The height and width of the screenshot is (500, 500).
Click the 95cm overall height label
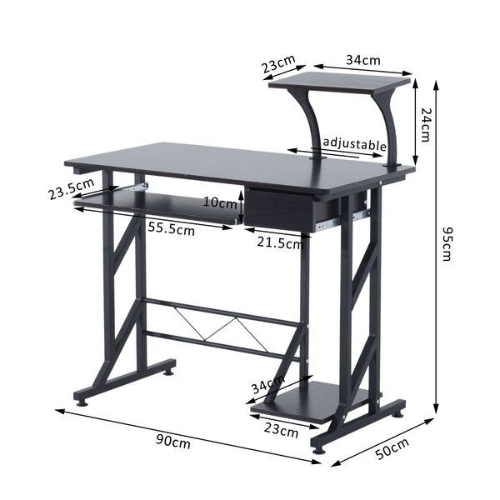click(x=447, y=244)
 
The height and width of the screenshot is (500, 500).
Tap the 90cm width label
click(x=173, y=441)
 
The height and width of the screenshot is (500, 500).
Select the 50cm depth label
click(x=392, y=448)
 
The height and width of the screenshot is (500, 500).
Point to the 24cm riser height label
click(x=426, y=124)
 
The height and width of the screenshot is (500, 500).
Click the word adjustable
click(x=355, y=144)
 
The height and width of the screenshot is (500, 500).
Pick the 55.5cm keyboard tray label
click(x=171, y=228)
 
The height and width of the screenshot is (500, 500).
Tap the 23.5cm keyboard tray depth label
click(x=72, y=188)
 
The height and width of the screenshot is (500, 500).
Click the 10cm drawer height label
click(x=220, y=202)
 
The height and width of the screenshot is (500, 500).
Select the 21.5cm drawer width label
click(x=281, y=243)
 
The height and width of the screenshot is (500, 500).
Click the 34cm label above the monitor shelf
click(x=363, y=60)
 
